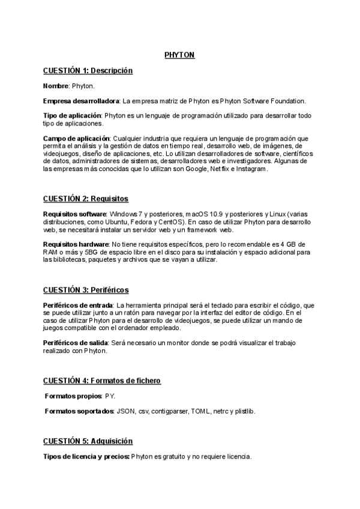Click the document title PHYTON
pyautogui.click(x=179, y=55)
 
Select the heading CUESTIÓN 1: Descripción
pyautogui.click(x=88, y=71)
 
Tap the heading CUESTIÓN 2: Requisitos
pyautogui.click(x=86, y=199)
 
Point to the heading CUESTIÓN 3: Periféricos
pyautogui.click(x=86, y=290)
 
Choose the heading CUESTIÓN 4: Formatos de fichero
pyautogui.click(x=101, y=381)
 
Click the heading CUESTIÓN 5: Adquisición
pyautogui.click(x=88, y=441)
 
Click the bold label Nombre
pyautogui.click(x=56, y=86)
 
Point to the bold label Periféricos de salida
pyautogui.click(x=74, y=343)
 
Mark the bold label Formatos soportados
pyautogui.click(x=80, y=411)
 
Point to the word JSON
pyautogui.click(x=126, y=411)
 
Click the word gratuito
pyautogui.click(x=170, y=457)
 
